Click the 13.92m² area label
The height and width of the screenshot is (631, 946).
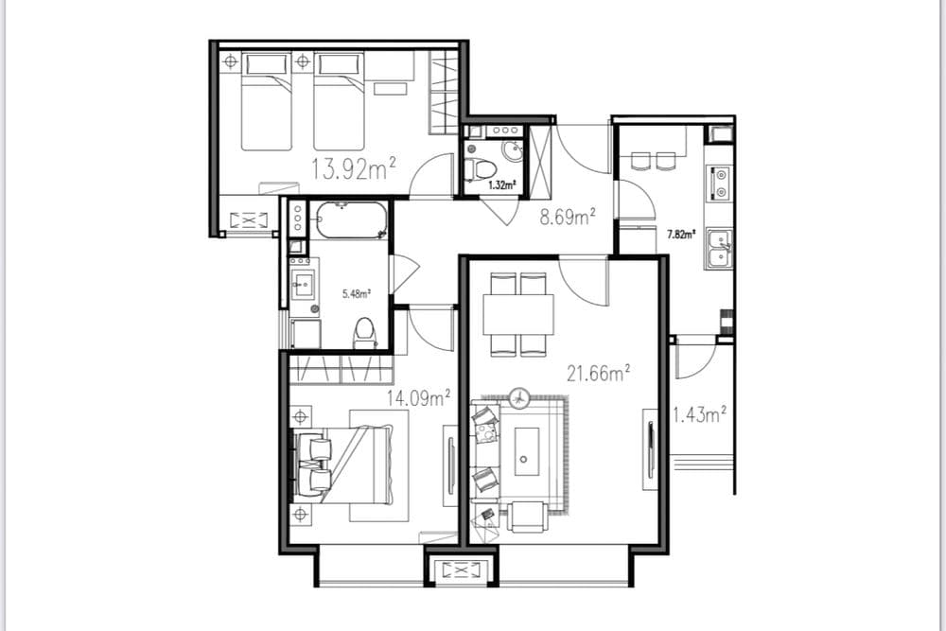[x=354, y=169]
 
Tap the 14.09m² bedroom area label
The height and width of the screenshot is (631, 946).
[x=419, y=397]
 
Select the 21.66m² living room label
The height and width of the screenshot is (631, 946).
[x=598, y=373]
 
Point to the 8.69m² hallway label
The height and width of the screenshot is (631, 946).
[x=568, y=217]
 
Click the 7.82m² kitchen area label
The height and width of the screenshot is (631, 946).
[x=680, y=235]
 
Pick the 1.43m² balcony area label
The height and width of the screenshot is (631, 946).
[x=699, y=414]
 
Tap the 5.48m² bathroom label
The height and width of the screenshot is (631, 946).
[x=356, y=294]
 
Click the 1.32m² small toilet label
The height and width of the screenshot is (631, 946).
[x=501, y=185]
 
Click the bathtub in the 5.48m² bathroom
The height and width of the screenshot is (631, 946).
[x=351, y=219]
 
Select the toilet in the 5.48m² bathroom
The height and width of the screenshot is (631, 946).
[x=364, y=333]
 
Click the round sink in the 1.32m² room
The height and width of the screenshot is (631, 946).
[x=514, y=151]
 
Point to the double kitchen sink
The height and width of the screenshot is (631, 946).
[x=719, y=248]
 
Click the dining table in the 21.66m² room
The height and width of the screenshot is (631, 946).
[x=518, y=314]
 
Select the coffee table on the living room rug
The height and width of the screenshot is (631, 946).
[x=527, y=452]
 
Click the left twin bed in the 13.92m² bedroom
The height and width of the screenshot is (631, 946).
[x=266, y=101]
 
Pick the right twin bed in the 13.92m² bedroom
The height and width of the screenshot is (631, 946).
[x=339, y=101]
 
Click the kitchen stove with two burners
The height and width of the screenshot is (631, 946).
[x=720, y=183]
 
